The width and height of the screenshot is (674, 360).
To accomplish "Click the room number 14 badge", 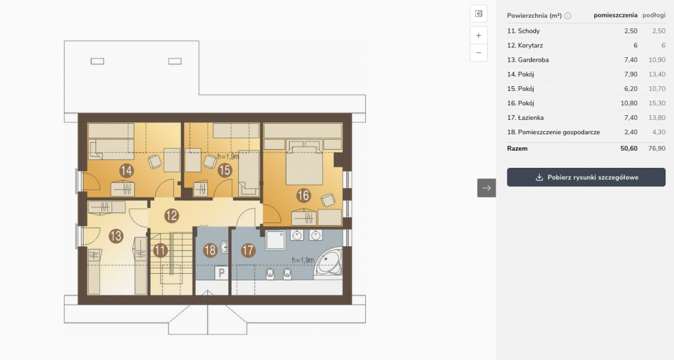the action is pos(126,170).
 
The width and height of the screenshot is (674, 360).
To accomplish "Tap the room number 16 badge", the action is pos(303,195).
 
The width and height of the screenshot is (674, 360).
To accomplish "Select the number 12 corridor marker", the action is pos(172,215).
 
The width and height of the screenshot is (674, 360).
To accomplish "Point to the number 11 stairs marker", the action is pos(161,250).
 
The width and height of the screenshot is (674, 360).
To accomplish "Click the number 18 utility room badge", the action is pos(210,250).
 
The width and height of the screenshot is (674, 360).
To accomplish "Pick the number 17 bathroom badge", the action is pos(248,250).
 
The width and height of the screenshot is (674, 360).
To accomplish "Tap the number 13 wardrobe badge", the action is pos(116,236).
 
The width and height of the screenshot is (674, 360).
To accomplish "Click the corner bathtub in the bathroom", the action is pos(328,261).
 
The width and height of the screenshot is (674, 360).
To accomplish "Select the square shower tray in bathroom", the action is pos(275,240).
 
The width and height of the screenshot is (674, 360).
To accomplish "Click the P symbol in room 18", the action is pos(221,272).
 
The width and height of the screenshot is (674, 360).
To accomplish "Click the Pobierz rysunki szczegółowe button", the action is pos(586,178).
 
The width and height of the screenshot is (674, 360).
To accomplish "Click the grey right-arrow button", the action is pos(486,188).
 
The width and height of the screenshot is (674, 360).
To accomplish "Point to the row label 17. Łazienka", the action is pos(525,117).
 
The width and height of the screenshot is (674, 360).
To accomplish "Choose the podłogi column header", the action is pos(654,15).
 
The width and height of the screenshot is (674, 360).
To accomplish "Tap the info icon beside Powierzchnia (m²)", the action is pos(568,16).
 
